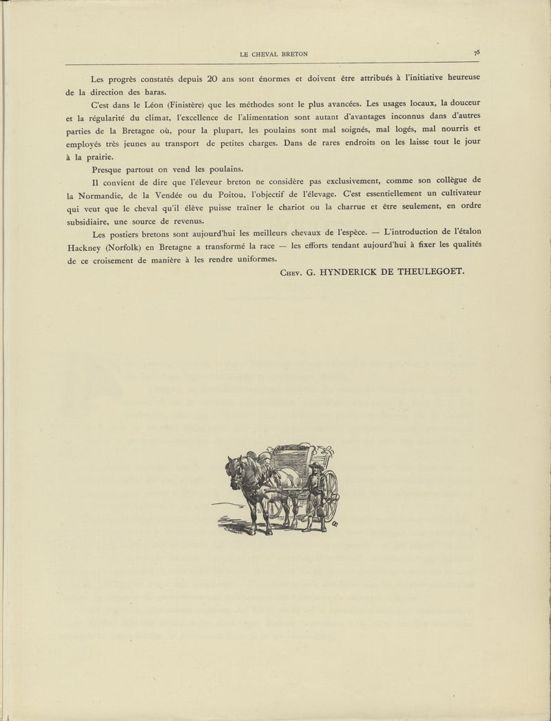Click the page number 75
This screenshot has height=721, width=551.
pos(477,52)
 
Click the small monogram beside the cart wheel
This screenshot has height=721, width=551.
pos(335,527)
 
